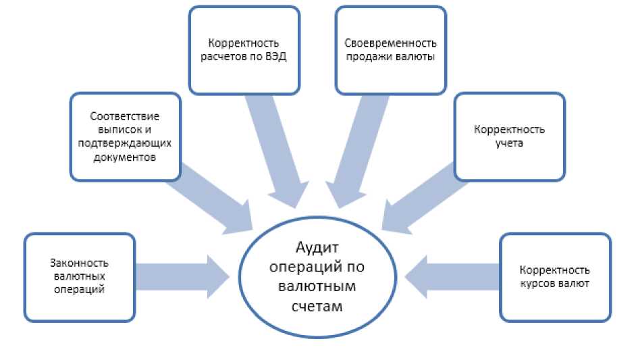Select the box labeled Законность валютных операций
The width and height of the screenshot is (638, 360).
pyautogui.click(x=80, y=276)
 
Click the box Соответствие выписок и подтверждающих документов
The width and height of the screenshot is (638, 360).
pyautogui.click(x=126, y=137)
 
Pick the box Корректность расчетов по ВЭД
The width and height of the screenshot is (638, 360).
pyautogui.click(x=244, y=50)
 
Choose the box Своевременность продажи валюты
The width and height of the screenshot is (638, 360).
pyautogui.click(x=390, y=50)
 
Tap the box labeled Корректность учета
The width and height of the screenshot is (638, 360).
pyautogui.click(x=509, y=137)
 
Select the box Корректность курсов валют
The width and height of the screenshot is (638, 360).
pyautogui.click(x=555, y=277)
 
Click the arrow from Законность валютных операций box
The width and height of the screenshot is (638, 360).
pyautogui.click(x=182, y=276)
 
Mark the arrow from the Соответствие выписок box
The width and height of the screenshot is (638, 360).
pyautogui.click(x=213, y=200)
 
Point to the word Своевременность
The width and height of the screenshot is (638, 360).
pyautogui.click(x=390, y=43)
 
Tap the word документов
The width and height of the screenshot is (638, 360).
pyautogui.click(x=126, y=157)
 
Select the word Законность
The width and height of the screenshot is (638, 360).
pyautogui.click(x=80, y=263)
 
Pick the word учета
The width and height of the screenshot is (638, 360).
pyautogui.click(x=509, y=144)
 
